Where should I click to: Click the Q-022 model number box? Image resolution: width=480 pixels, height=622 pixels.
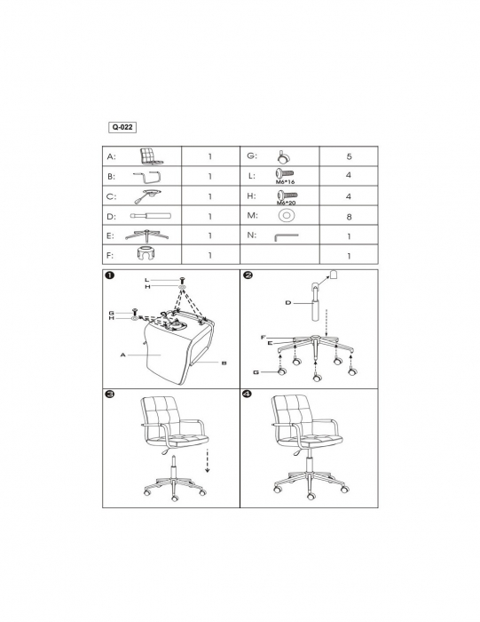tap(122, 127)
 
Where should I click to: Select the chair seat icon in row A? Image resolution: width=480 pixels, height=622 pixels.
tap(151, 156)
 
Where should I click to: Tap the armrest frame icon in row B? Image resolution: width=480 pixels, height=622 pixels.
tap(146, 177)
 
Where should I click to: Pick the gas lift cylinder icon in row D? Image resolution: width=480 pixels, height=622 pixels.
tap(151, 216)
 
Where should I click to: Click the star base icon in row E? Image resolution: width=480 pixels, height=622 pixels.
tap(147, 235)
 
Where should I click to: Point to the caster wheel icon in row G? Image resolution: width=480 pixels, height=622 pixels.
tap(283, 157)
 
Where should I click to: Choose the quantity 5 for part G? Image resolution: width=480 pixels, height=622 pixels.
tap(349, 156)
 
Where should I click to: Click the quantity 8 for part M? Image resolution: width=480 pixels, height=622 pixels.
tap(349, 217)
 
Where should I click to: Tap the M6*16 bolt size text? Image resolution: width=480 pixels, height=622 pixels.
tap(285, 182)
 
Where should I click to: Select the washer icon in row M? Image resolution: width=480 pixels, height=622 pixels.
tap(287, 215)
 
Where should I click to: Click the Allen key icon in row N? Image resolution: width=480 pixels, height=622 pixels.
tap(286, 237)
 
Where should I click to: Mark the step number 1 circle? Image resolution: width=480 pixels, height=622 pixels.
tap(110, 275)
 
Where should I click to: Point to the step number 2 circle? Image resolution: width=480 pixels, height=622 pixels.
tap(248, 275)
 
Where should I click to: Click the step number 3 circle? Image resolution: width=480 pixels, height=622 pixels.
tap(110, 394)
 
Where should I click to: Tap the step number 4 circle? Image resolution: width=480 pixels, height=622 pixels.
tap(248, 394)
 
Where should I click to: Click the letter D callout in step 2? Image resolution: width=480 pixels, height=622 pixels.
tap(288, 303)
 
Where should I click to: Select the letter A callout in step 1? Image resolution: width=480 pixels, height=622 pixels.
tap(122, 355)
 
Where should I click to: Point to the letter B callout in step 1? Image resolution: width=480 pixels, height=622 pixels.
tap(224, 363)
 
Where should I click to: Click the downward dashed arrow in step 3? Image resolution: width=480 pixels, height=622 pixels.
tap(207, 461)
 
